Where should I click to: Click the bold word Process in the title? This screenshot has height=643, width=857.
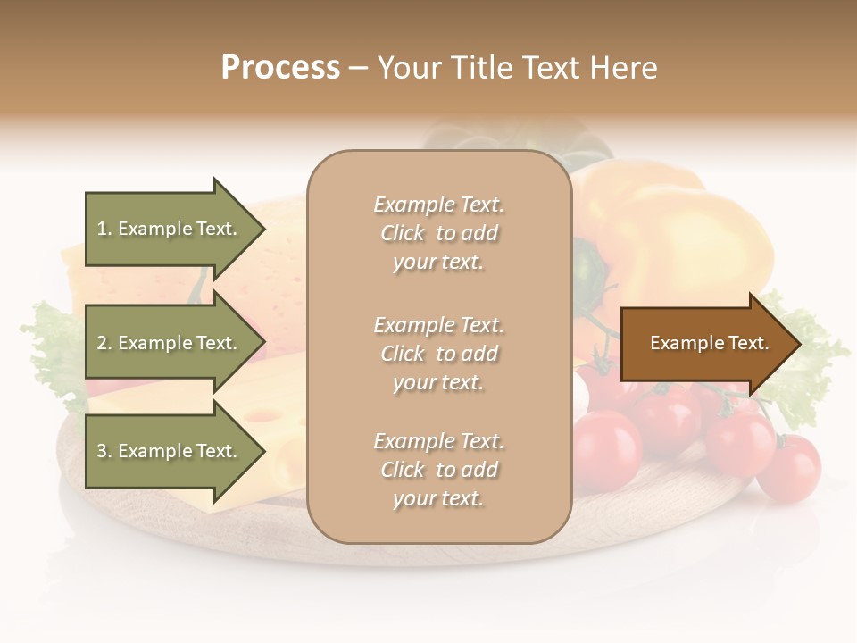pos(280,68)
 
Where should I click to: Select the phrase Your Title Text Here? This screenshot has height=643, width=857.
pos(517,68)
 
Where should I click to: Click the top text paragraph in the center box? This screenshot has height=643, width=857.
pos(438,233)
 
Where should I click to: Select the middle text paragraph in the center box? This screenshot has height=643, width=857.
pos(438,354)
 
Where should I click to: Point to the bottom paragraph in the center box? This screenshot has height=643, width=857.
pos(438,470)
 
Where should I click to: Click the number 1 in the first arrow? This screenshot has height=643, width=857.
pos(102,229)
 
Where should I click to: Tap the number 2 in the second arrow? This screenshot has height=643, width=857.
pos(102,343)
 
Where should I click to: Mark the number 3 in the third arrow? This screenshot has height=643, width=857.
pos(102,451)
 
